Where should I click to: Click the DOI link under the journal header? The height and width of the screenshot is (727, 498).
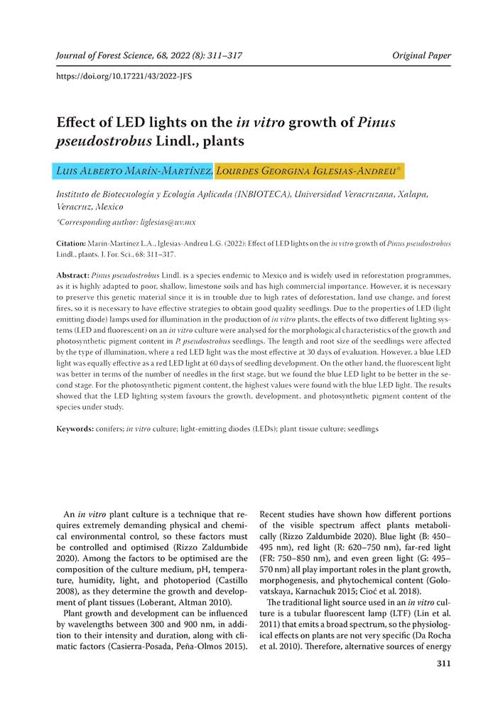(x=124, y=75)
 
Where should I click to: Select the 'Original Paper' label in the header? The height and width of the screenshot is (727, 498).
(x=421, y=55)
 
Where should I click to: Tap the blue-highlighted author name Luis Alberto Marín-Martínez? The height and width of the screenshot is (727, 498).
(x=133, y=171)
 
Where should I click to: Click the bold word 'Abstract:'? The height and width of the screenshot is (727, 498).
(x=72, y=274)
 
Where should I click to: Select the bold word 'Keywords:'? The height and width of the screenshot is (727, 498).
(x=75, y=429)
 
